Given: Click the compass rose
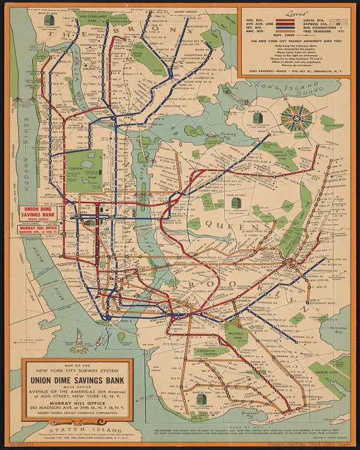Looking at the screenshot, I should point(296,119).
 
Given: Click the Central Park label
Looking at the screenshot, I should point(84,170).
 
